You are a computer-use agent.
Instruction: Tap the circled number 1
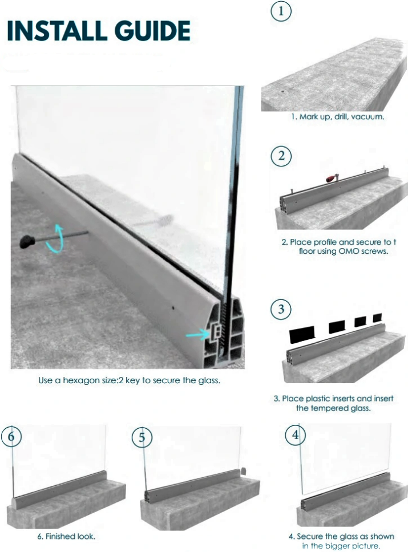point(281,11)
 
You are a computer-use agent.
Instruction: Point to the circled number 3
point(281,310)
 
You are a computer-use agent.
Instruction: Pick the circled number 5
point(142,437)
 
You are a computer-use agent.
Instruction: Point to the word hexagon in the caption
point(91,380)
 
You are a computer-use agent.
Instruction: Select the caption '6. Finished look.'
point(66,537)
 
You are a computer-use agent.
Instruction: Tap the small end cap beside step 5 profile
point(243,472)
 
